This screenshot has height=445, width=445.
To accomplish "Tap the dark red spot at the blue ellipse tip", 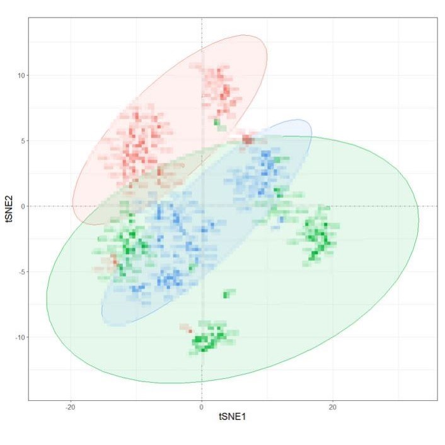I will (247, 139).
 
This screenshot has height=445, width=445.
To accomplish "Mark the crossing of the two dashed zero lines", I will (202, 206).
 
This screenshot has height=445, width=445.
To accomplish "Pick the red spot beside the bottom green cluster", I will (187, 328).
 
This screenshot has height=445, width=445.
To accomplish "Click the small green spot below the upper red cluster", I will (217, 122).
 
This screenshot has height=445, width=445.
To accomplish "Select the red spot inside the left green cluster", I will (114, 259).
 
